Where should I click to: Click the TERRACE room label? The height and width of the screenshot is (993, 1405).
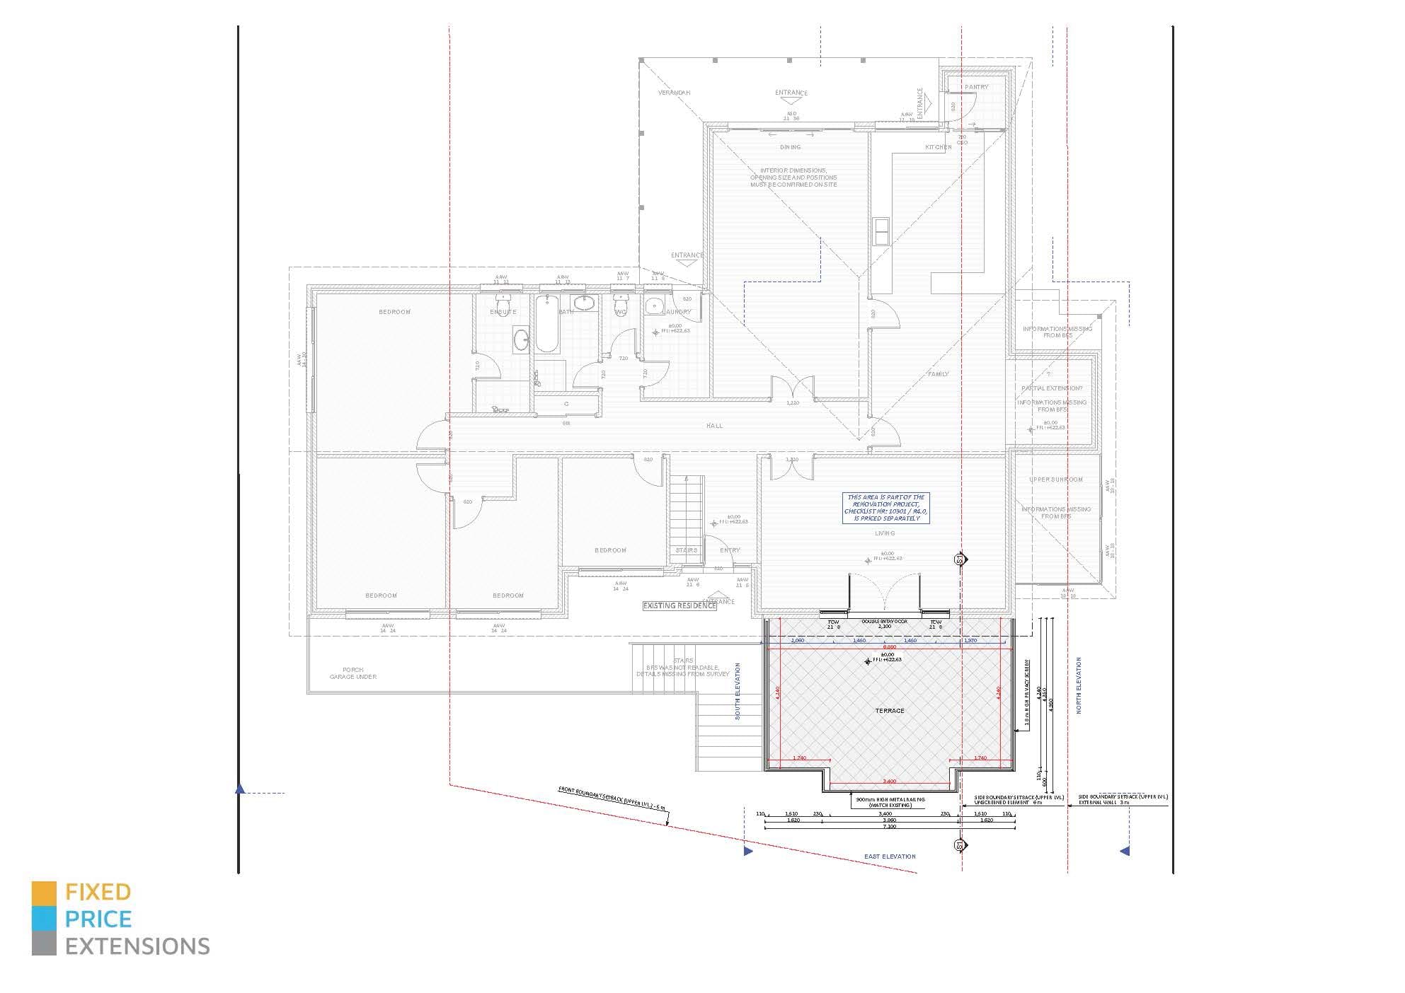889,711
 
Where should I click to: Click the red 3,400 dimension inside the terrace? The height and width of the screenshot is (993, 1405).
890,782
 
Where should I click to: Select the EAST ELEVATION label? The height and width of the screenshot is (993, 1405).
890,856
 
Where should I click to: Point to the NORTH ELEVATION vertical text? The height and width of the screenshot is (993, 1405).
1079,685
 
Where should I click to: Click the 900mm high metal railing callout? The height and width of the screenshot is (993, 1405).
889,802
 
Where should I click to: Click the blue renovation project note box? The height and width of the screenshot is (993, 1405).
885,508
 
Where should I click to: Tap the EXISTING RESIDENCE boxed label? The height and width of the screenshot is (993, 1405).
679,605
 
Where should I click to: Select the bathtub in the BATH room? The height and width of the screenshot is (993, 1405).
546,326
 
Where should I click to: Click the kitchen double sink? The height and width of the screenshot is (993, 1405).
882,231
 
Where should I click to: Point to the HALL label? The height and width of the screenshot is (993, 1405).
714,426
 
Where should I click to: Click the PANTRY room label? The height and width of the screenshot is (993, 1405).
976,87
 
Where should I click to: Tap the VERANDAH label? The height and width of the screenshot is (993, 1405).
674,93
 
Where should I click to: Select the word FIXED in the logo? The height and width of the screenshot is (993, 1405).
98,892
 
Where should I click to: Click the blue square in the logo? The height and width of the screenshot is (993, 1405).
44,919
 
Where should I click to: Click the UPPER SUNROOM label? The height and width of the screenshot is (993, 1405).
1055,480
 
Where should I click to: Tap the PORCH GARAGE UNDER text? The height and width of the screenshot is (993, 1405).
352,673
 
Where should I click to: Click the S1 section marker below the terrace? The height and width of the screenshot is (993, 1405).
960,845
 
